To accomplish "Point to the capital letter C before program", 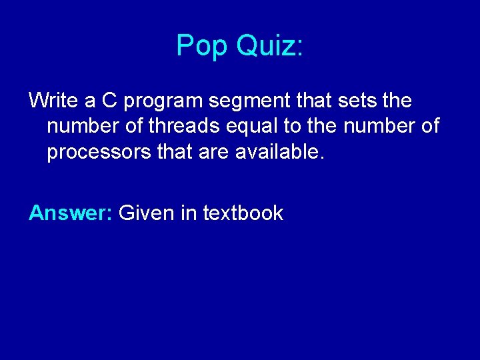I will pos(109,101).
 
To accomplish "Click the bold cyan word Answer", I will pos(71,213).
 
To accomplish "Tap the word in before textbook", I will pos(189,213).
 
